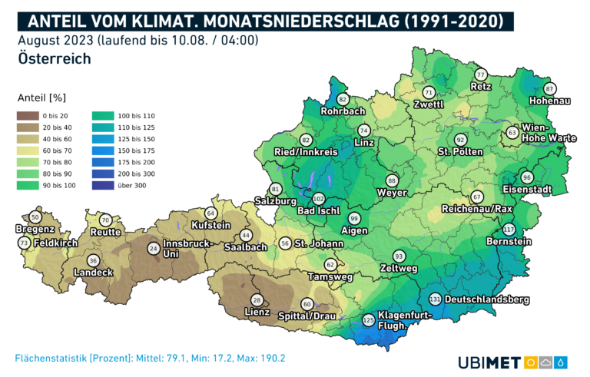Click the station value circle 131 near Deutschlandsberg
(x=435, y=299)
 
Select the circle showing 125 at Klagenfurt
(x=369, y=319)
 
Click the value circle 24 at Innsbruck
(x=154, y=248)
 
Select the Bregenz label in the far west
(x=35, y=229)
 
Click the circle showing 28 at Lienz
(x=257, y=299)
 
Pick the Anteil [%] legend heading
(x=41, y=98)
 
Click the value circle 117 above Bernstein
(x=509, y=230)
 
